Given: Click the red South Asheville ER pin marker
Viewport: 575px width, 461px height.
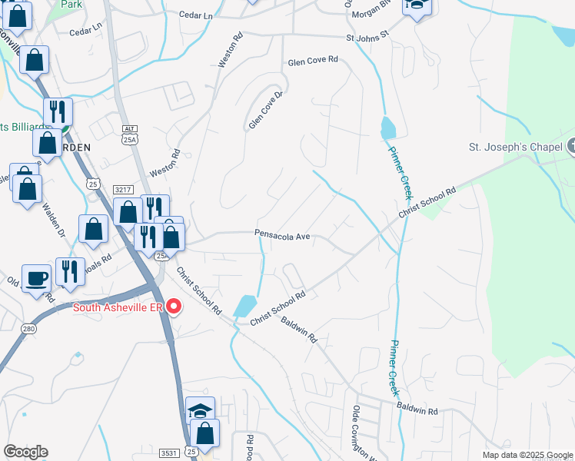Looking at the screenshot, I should (174, 308).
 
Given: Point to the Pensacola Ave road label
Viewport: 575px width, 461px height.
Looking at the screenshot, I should (282, 236).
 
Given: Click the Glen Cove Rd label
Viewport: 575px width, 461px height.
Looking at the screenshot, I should (312, 60).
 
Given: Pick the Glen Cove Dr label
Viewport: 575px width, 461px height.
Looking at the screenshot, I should (266, 111).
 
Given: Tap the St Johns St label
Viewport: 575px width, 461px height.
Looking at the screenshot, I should (368, 36).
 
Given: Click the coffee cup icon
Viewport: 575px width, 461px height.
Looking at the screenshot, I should (36, 278).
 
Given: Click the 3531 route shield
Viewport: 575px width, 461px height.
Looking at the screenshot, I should (170, 453).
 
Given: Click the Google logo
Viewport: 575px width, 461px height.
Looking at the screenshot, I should (25, 452).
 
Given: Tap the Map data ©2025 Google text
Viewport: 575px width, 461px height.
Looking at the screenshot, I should (527, 455).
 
